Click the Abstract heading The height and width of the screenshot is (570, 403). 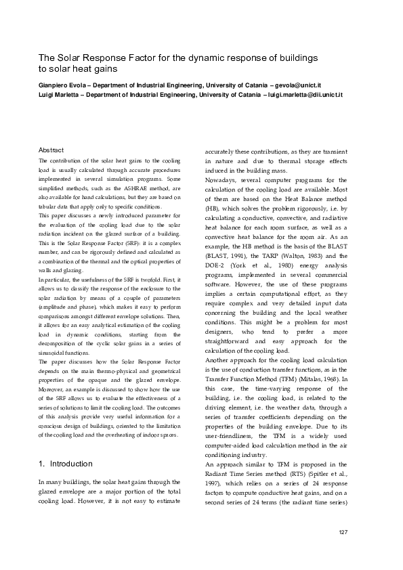(x=51, y=150)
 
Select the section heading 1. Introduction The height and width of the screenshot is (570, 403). (x=65, y=464)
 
